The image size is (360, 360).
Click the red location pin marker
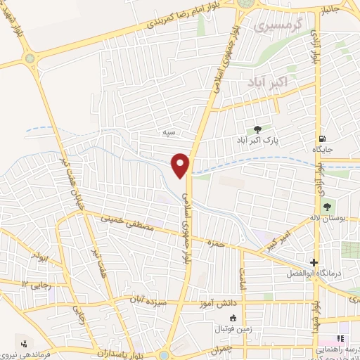[x=181, y=165]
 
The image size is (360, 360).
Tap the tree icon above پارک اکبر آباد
[x=257, y=129]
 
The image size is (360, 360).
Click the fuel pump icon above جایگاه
[x=322, y=139]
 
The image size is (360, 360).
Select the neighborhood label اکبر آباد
[x=268, y=83]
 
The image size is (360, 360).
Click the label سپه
[x=168, y=132]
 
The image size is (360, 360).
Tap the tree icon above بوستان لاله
[x=326, y=206]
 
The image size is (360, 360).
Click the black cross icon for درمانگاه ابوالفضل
[x=314, y=262]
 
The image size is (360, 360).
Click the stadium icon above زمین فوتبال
[x=224, y=317]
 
